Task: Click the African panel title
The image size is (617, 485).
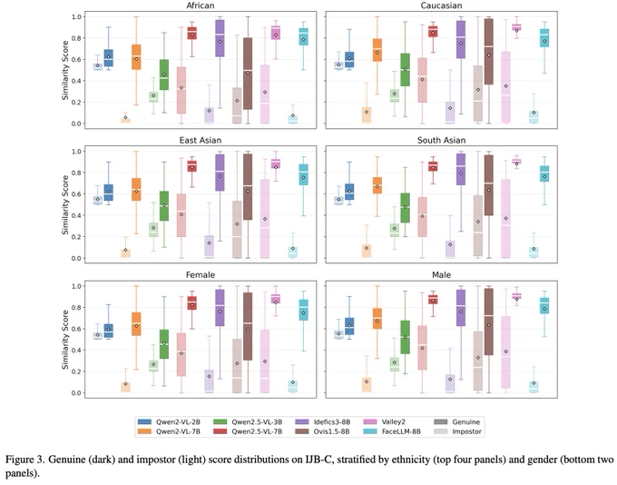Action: click(201, 5)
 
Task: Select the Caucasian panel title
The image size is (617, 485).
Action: click(441, 5)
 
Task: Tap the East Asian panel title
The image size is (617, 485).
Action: click(201, 140)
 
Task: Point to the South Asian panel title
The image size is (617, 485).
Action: click(441, 140)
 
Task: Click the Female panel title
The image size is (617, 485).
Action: click(201, 274)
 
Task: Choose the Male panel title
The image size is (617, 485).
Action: click(441, 274)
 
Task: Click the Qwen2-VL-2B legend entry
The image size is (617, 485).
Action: click(169, 422)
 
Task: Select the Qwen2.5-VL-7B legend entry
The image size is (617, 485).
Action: click(248, 431)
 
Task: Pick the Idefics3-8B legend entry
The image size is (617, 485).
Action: click(322, 422)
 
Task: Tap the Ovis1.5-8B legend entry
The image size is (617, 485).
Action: click(322, 431)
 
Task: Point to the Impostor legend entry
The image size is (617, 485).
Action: click(457, 431)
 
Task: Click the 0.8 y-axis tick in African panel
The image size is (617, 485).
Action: click(76, 38)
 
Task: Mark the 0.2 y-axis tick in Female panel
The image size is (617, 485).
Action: click(76, 371)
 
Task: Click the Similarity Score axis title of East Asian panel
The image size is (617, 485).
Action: click(65, 205)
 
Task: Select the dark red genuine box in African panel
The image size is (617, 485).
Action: click(191, 33)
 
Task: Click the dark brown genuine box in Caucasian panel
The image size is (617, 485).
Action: click(489, 52)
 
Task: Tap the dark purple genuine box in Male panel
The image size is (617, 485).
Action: click(461, 308)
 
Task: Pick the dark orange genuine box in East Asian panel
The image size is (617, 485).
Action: click(136, 190)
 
